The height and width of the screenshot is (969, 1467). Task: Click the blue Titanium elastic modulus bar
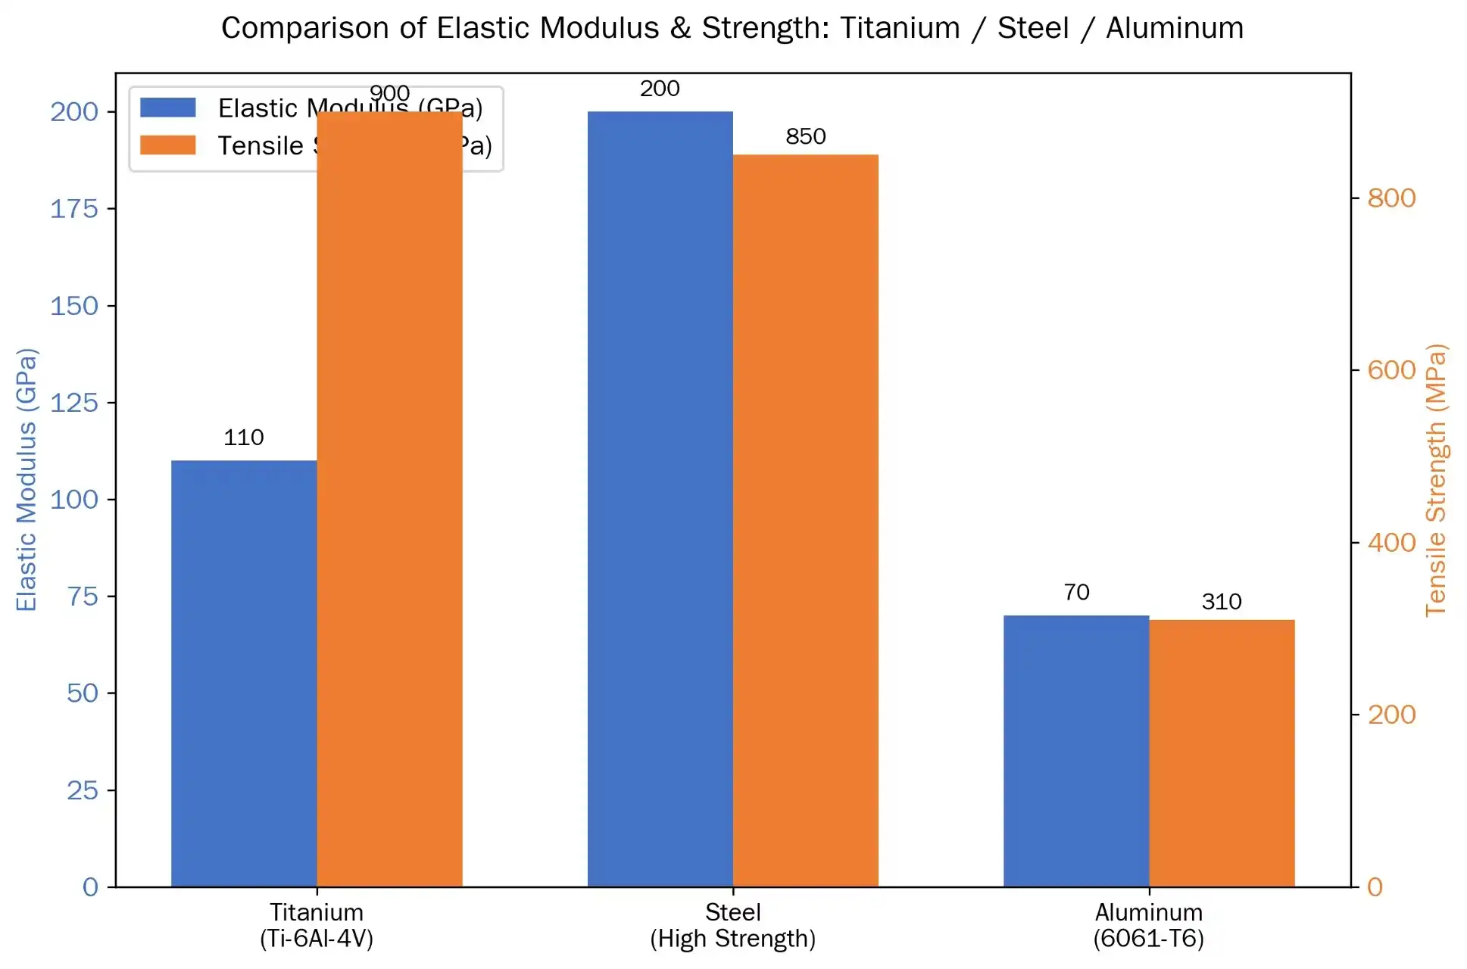pos(244,673)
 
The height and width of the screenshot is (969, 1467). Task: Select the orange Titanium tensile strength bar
pos(389,499)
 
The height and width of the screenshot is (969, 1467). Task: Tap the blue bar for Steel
pos(660,499)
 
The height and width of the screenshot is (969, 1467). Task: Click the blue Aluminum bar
pos(1076,750)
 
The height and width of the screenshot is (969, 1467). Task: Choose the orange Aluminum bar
pos(1222,752)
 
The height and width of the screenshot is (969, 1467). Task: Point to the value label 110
pos(244,438)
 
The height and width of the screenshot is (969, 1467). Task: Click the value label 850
pos(805,137)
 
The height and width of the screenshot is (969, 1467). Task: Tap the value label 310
pos(1222,602)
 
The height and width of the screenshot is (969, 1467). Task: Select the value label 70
pos(1076,592)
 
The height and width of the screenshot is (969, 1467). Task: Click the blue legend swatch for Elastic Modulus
pos(168,107)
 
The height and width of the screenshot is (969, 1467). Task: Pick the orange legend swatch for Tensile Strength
pos(168,145)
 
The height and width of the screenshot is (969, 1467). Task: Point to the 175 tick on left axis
pos(74,209)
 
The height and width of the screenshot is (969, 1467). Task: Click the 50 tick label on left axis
pos(82,693)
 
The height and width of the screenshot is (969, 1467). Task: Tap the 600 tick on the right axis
pos(1391,370)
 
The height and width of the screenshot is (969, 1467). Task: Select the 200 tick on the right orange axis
pos(1391,715)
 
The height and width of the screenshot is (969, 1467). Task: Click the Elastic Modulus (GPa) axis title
pos(27,479)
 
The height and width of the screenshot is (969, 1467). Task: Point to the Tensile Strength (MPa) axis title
pos(1436,479)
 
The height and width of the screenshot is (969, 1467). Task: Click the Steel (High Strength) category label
pos(732,925)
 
